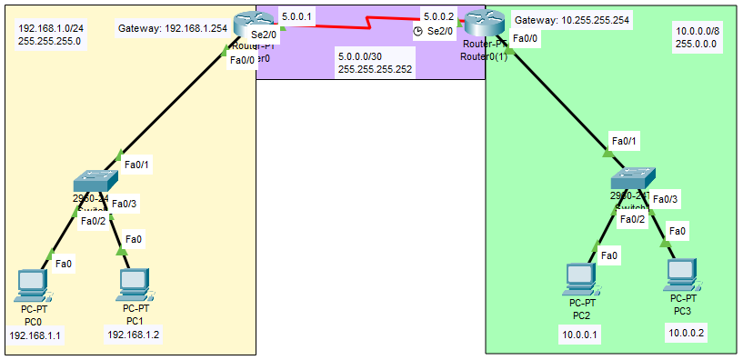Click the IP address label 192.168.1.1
tap(35, 335)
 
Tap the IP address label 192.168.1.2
tap(134, 335)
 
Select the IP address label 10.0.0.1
tap(580, 334)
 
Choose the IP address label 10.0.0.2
tap(688, 334)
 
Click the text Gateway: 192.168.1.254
tap(173, 29)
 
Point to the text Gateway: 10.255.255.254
tap(572, 20)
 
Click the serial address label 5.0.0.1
tap(296, 16)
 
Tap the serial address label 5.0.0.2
tap(438, 16)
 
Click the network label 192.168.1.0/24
tap(51, 27)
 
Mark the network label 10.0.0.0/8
tap(698, 31)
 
